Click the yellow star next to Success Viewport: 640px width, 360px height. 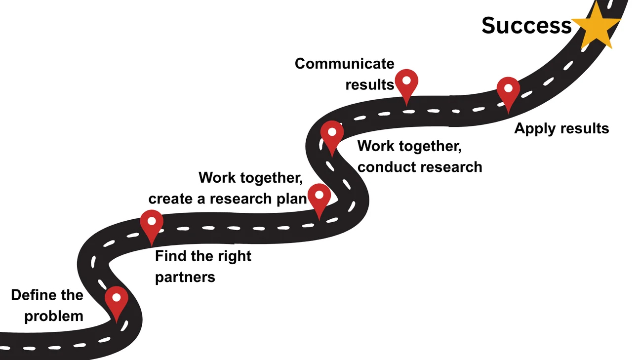596,26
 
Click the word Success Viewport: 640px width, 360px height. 526,26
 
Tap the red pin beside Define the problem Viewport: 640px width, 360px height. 117,301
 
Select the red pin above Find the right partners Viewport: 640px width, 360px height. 152,224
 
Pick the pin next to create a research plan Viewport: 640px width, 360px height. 319,197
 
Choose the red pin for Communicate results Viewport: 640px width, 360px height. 406,83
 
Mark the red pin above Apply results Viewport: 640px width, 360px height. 508,91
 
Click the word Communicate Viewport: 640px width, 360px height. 344,64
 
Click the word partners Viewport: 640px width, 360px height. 185,277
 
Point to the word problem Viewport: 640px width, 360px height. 54,316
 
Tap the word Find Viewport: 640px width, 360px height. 169,256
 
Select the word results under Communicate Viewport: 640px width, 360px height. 369,84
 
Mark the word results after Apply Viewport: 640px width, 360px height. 583,129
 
